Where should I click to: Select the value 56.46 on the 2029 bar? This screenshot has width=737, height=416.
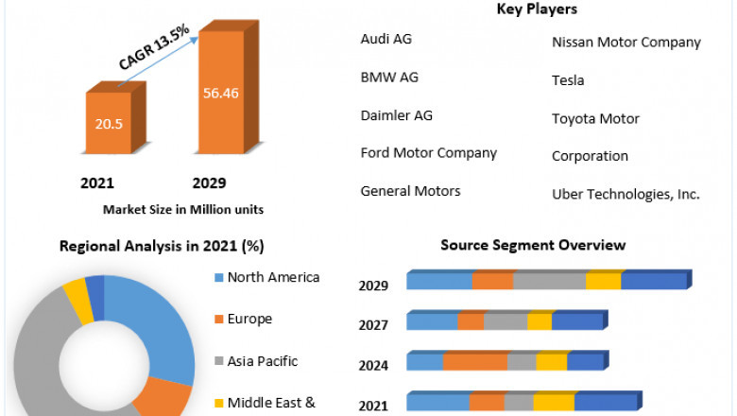222,92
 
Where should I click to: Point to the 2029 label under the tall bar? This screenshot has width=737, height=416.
210,182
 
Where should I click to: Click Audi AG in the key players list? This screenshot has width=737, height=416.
386,39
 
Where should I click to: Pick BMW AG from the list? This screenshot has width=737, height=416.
389,78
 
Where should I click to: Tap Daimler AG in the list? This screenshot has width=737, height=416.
397,115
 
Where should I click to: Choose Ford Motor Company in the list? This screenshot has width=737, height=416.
429,152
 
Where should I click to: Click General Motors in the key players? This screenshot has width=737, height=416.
411,191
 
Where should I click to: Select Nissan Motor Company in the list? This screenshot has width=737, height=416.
626,42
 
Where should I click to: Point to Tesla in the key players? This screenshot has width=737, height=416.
568,80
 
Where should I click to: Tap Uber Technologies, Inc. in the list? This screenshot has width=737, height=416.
626,194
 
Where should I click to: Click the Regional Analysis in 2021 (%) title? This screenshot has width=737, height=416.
162,246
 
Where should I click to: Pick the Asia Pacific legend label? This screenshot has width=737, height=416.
264,360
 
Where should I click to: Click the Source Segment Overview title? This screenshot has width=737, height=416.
533,245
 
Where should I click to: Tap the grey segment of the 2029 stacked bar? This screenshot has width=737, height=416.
549,281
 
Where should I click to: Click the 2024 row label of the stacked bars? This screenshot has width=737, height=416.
374,364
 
